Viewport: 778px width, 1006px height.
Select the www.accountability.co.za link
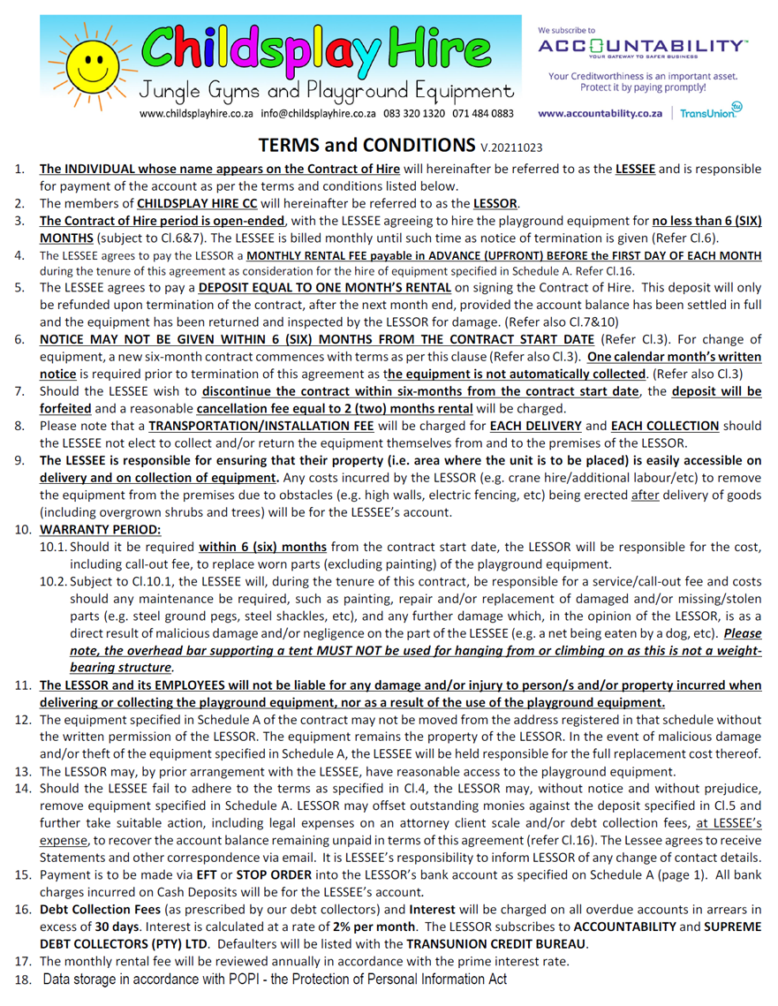(600, 114)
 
